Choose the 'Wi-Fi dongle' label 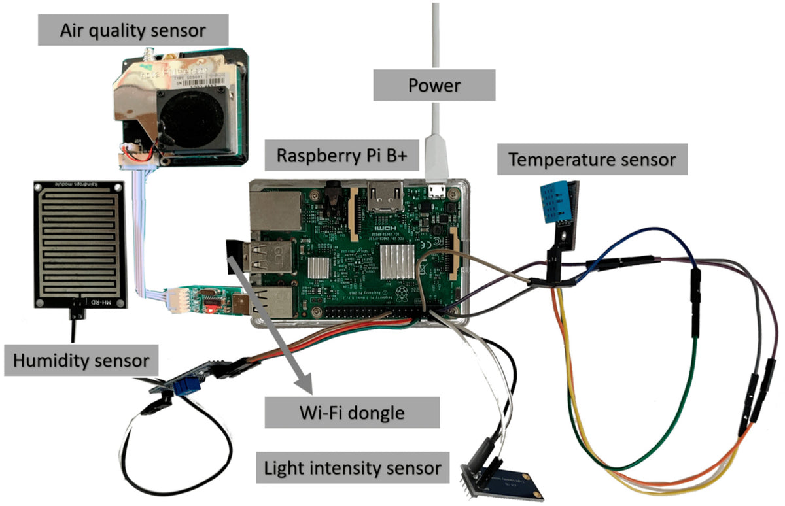[x=351, y=413]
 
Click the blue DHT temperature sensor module [x=557, y=203]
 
